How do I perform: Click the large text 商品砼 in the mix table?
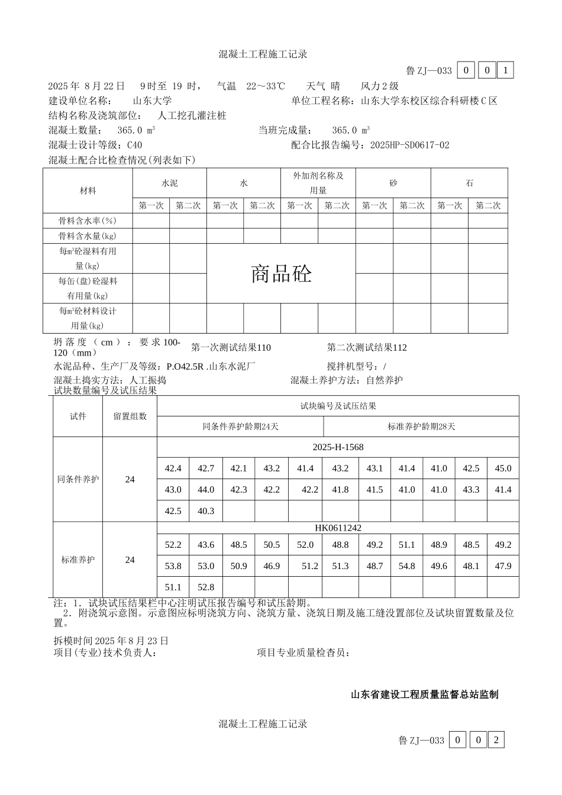[281, 274]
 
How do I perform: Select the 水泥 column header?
[169, 183]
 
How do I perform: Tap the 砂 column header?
[393, 183]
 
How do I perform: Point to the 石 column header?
[469, 183]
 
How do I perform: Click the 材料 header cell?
[88, 190]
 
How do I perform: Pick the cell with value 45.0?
[503, 468]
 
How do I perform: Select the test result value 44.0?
[206, 490]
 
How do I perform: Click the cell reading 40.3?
[206, 511]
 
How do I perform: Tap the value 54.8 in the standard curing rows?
[407, 566]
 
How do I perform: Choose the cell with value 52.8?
[206, 587]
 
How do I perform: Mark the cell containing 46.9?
[272, 566]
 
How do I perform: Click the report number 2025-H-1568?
[338, 447]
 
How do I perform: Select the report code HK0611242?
[338, 528]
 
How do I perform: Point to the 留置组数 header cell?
[130, 416]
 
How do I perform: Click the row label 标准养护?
[78, 560]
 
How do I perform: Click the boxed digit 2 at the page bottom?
[497, 740]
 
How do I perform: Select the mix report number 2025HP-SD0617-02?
[409, 145]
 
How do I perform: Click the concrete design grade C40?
[134, 145]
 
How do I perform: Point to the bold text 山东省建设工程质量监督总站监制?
[424, 694]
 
